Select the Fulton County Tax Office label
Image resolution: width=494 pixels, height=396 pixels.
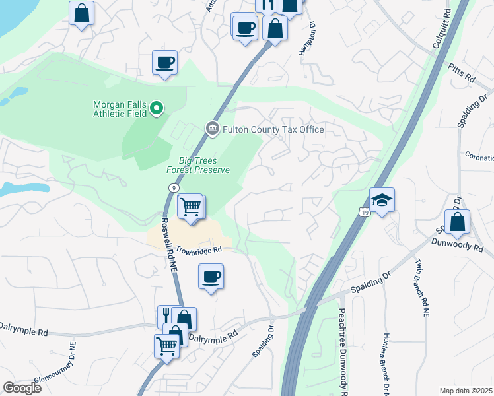(273, 129)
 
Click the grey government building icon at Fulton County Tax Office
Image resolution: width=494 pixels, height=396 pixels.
(212, 129)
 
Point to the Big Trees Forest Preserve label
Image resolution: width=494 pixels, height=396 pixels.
(204, 165)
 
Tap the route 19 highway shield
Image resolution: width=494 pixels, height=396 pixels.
(364, 211)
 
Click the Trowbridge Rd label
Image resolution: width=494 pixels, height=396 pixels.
(197, 249)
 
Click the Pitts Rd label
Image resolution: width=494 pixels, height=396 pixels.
(462, 73)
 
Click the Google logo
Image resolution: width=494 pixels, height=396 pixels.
(22, 388)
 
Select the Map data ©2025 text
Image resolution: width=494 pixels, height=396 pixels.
(466, 391)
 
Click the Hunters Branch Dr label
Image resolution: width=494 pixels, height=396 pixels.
(384, 363)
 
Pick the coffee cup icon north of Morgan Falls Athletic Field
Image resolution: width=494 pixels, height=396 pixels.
(164, 63)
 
